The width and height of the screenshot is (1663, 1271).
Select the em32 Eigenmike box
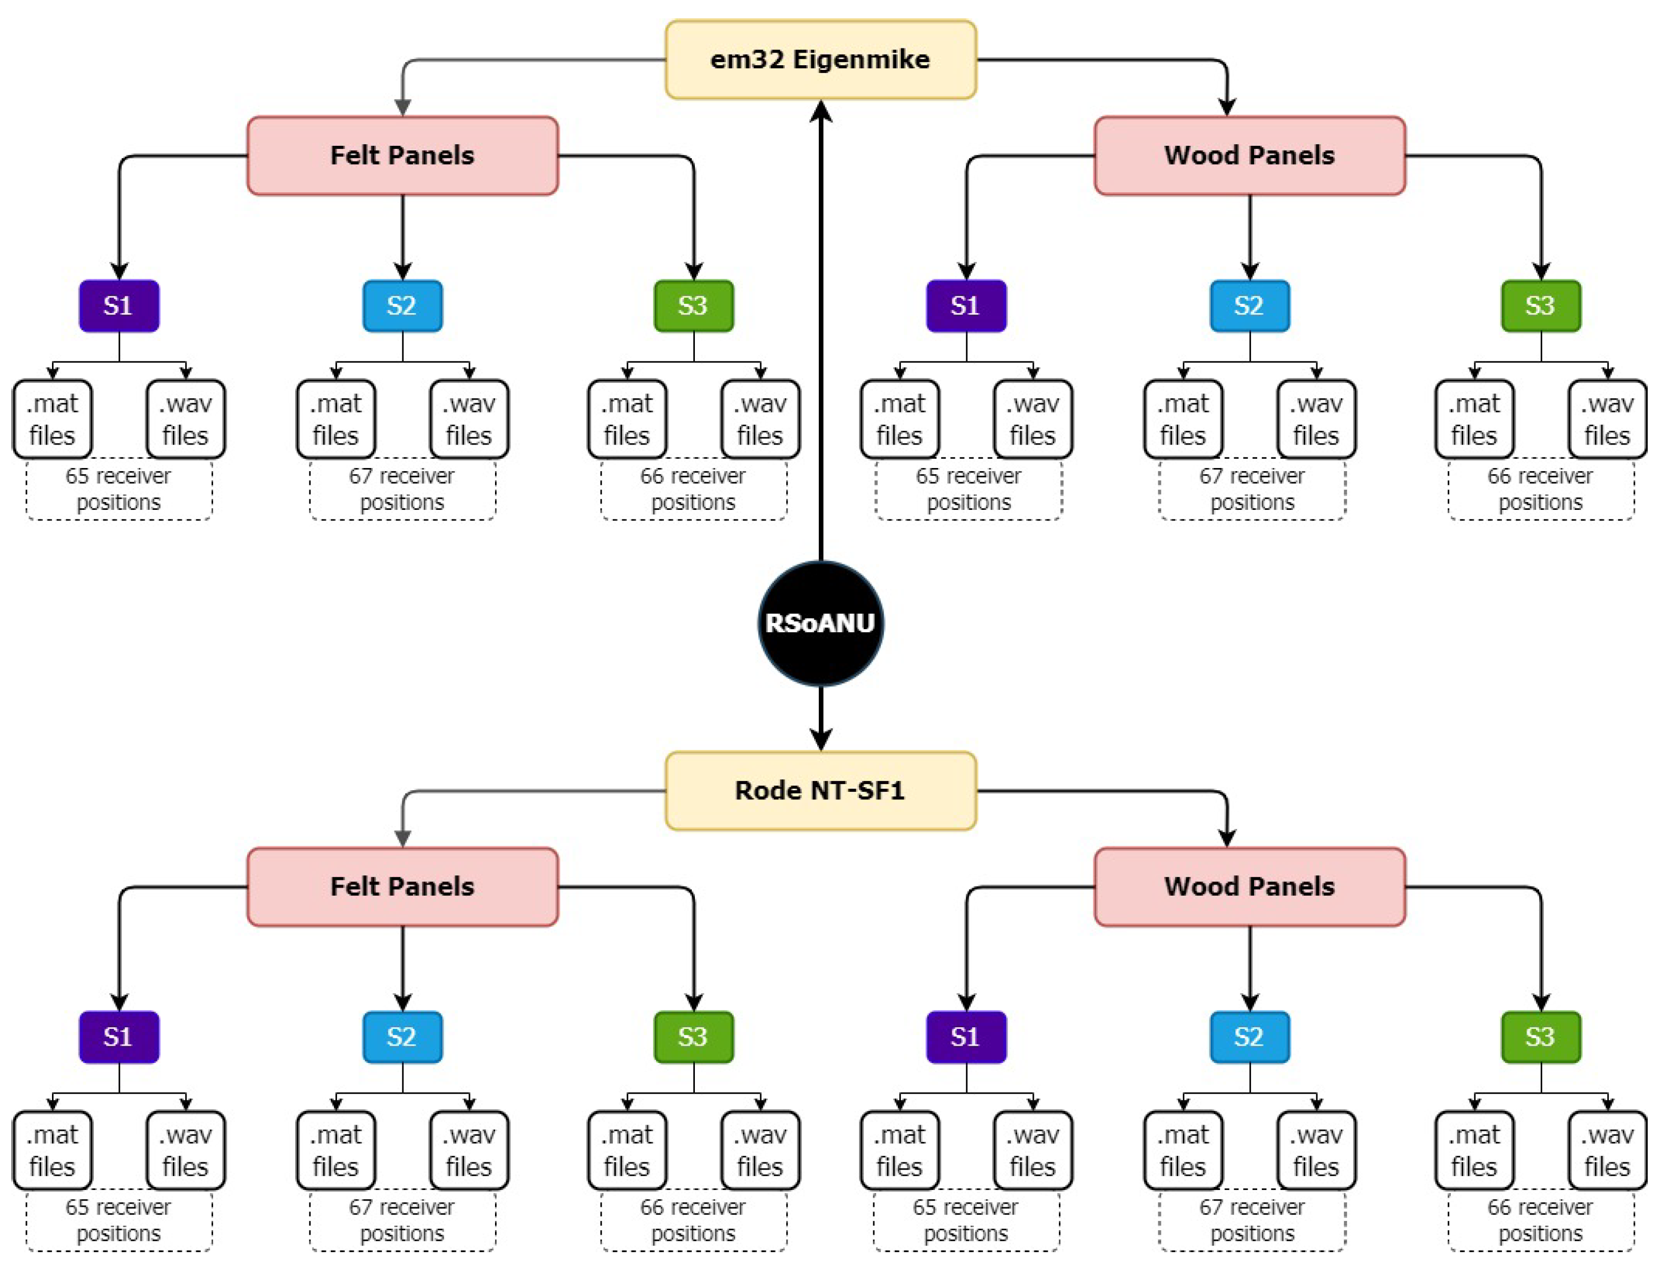pos(820,60)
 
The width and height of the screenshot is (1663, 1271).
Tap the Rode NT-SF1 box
pos(820,791)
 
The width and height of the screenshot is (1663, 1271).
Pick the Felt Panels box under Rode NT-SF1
pos(403,887)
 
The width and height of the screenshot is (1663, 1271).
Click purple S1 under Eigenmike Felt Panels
pos(119,306)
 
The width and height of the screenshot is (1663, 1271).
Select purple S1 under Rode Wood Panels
pos(966,1037)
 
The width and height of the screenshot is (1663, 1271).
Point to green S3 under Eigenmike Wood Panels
pos(1541,306)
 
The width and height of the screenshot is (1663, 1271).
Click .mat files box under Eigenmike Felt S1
pos(52,419)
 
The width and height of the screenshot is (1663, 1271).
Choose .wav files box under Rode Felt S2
pos(469,1150)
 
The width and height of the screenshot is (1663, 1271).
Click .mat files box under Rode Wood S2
pos(1183,1150)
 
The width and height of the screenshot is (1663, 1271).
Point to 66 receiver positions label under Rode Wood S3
pos(1541,1221)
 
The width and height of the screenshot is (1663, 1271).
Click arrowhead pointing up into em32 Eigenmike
pos(821,112)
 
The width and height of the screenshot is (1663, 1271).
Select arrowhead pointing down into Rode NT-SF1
pos(821,738)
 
